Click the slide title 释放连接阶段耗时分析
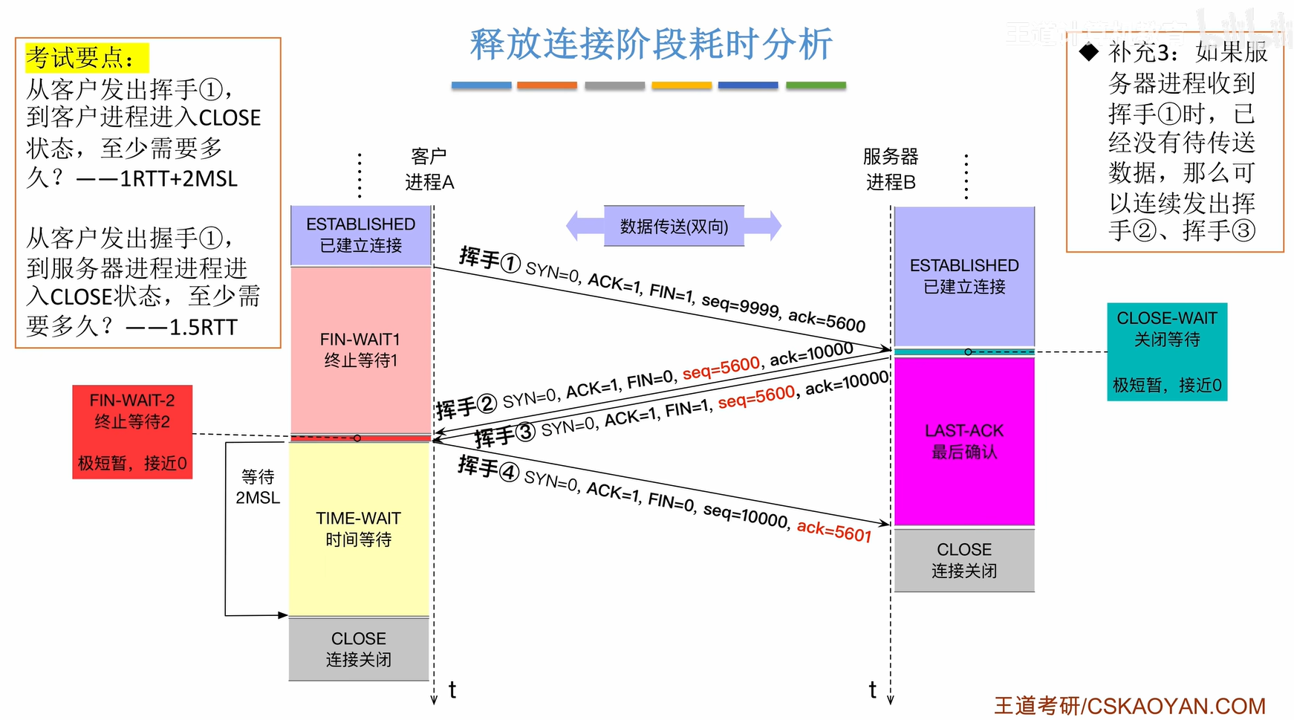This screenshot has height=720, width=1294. tap(651, 44)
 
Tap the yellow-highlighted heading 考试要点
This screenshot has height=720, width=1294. tap(86, 57)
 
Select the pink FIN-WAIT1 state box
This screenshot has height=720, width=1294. tap(360, 349)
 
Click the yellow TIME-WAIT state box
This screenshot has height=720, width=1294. tap(359, 528)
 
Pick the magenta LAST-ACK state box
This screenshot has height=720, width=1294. tap(964, 441)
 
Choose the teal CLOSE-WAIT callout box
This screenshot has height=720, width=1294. tap(1166, 351)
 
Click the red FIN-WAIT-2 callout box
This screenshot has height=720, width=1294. tap(132, 432)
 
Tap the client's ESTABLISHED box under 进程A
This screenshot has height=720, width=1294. tap(361, 235)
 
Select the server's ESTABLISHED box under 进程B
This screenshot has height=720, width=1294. tap(964, 276)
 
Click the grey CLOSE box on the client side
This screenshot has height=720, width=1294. tap(359, 649)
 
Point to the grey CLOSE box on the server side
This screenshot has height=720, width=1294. tap(964, 560)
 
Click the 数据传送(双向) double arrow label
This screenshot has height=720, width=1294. tap(674, 226)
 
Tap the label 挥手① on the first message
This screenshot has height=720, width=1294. tap(490, 259)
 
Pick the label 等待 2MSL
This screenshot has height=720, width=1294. tap(258, 487)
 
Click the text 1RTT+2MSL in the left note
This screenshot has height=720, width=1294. tap(178, 179)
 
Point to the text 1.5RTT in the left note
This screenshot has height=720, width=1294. tap(203, 327)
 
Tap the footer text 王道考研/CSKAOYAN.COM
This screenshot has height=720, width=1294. tap(1129, 705)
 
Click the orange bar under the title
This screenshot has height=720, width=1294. tap(547, 85)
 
